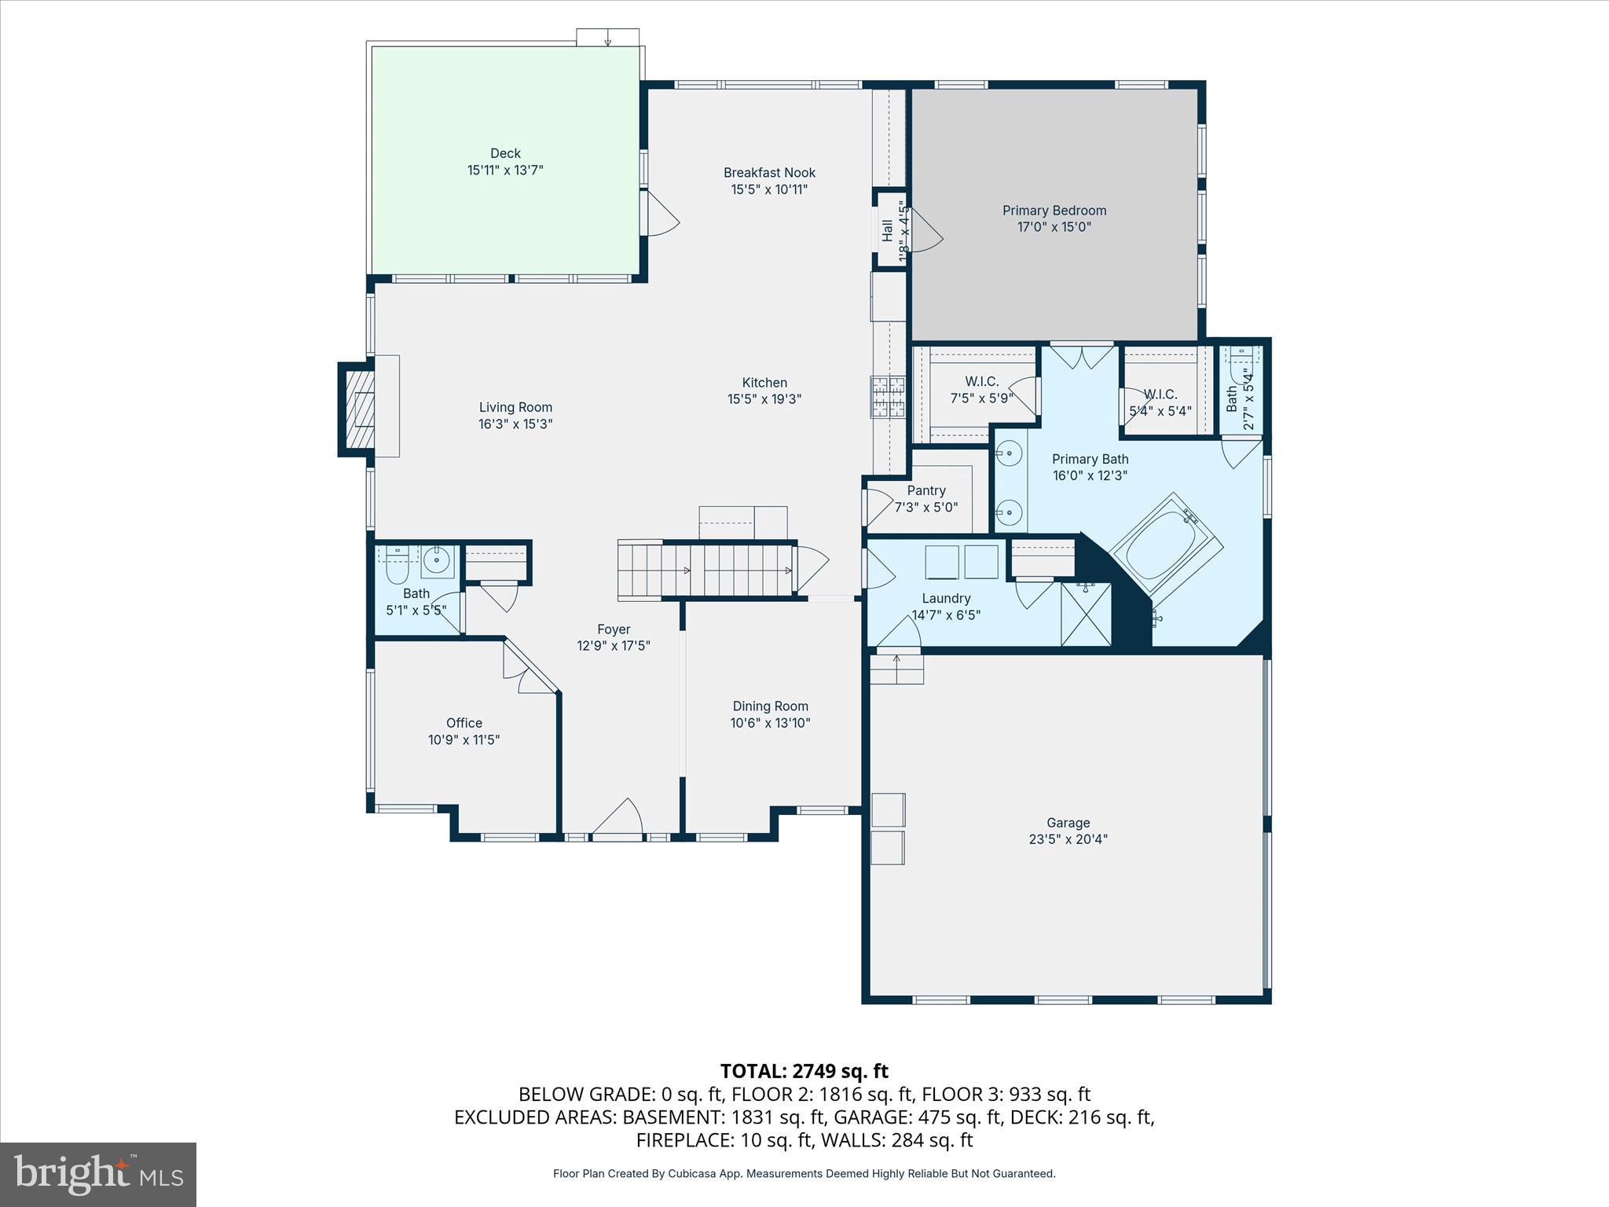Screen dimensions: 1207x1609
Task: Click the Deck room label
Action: tap(505, 153)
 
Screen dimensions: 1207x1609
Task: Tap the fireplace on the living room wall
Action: tap(362, 409)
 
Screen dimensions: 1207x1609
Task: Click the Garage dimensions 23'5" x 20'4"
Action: tap(1068, 839)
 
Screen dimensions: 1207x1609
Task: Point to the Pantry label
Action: tap(925, 490)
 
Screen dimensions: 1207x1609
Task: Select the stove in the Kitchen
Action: tap(888, 397)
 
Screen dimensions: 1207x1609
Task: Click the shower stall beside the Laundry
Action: tap(1086, 614)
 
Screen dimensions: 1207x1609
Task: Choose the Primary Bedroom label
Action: tap(1054, 211)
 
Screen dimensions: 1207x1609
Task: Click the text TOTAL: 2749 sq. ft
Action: tap(804, 1071)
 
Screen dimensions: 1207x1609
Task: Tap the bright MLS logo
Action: tap(98, 1174)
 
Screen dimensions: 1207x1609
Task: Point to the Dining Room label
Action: tap(770, 706)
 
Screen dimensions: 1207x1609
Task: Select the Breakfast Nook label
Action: tap(769, 173)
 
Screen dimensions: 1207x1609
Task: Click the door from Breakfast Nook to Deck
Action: tap(658, 213)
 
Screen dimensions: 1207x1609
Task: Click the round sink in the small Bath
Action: tap(435, 560)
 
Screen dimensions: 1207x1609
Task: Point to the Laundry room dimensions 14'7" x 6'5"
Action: tap(946, 615)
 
